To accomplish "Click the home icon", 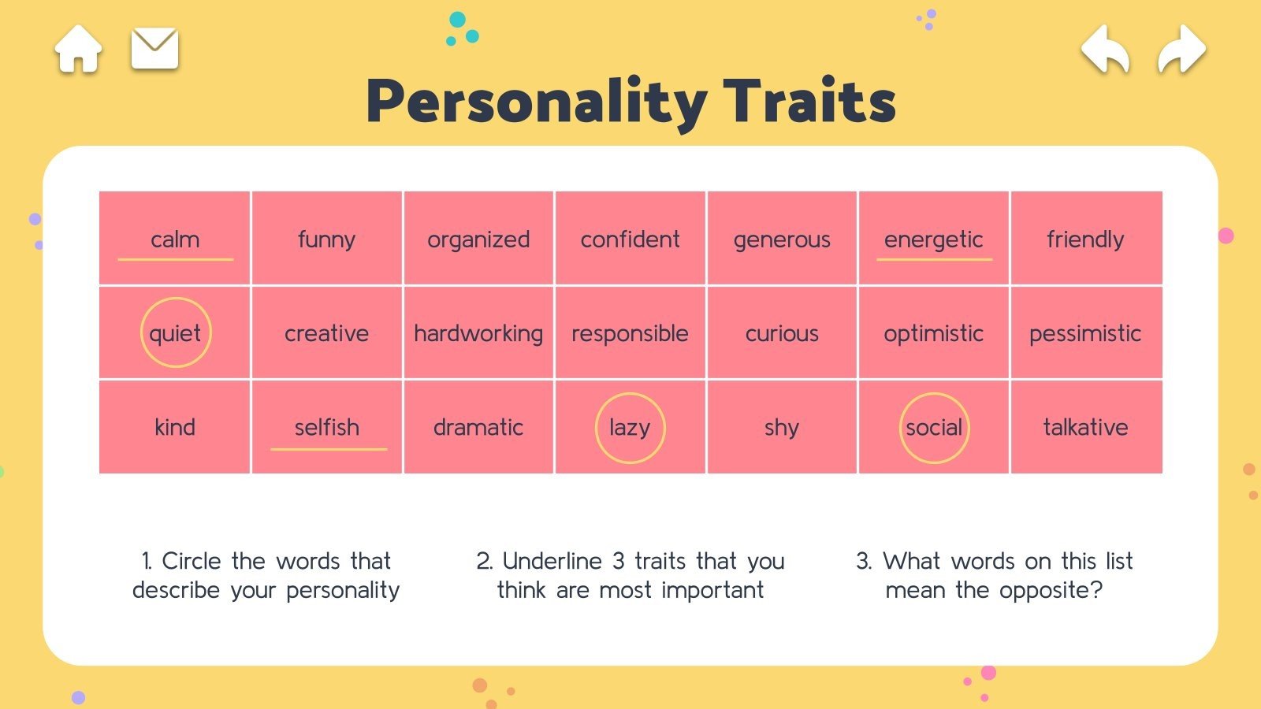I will (x=78, y=49).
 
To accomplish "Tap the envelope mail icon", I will (x=154, y=49).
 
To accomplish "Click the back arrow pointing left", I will (x=1105, y=49).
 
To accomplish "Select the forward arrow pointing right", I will (x=1181, y=49).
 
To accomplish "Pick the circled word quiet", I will (x=175, y=333).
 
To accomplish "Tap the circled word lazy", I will (x=630, y=428).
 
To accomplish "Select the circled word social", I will (x=934, y=428).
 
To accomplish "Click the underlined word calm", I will (x=175, y=239).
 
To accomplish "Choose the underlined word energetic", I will (x=934, y=239).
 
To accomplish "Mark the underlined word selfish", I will (x=327, y=428).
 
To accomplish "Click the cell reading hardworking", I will (x=478, y=333).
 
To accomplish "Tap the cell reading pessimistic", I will (x=1085, y=333).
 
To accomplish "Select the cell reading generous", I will (x=782, y=239).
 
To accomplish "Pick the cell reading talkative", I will (x=1085, y=428).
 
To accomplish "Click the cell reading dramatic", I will (x=478, y=428).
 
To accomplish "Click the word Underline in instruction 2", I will (x=552, y=561).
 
